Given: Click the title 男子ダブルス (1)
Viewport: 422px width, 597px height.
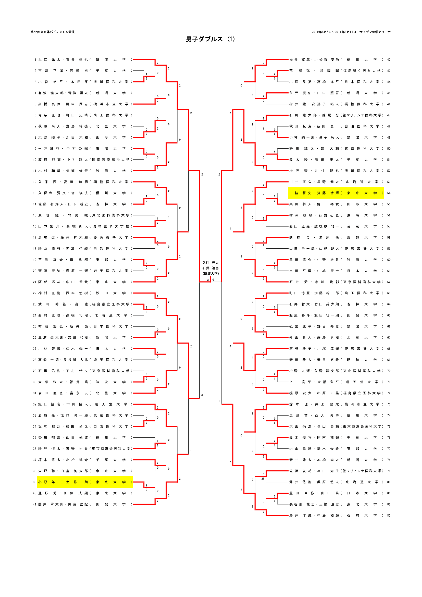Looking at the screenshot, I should pyautogui.click(x=210, y=39).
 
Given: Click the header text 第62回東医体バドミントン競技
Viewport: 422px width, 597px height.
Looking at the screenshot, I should pyautogui.click(x=53, y=32).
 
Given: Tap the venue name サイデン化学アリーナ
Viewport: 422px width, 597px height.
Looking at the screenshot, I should pyautogui.click(x=375, y=32).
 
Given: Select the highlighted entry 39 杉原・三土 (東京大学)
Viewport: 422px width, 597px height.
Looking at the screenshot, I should pyautogui.click(x=85, y=482).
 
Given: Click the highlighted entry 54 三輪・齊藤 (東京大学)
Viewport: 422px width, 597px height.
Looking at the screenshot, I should pyautogui.click(x=336, y=193).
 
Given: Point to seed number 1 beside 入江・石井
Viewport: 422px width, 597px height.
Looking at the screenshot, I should pyautogui.click(x=35, y=60).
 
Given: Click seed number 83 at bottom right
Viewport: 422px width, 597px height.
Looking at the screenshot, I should pyautogui.click(x=389, y=515).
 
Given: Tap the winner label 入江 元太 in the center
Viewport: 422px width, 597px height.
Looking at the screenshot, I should pyautogui.click(x=210, y=263).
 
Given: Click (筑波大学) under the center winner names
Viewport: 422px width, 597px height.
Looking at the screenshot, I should pyautogui.click(x=210, y=274).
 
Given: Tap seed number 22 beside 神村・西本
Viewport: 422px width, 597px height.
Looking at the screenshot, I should pyautogui.click(x=34, y=293).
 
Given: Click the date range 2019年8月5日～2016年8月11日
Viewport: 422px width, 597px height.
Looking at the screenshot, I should pyautogui.click(x=334, y=32).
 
